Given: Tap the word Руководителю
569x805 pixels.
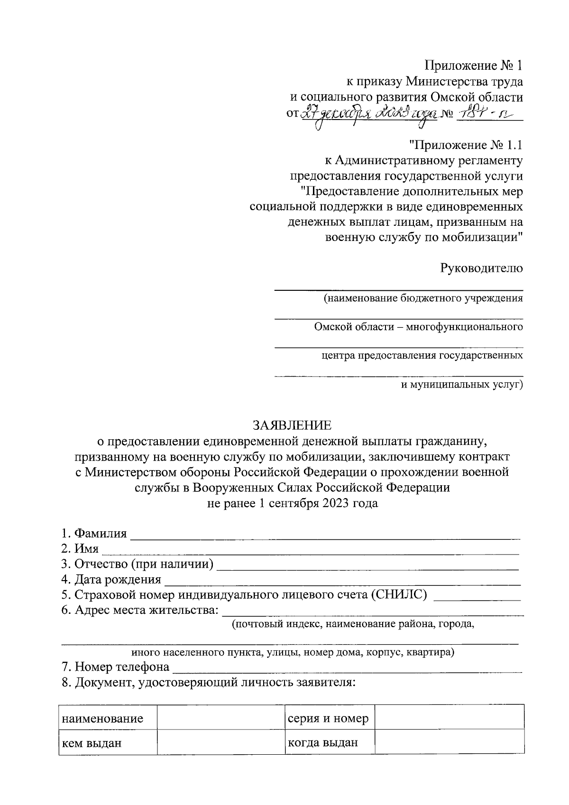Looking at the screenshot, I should tap(482, 268).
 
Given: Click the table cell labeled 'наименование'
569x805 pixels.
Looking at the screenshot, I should tap(102, 719).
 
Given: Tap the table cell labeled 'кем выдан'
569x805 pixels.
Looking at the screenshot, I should tap(92, 743).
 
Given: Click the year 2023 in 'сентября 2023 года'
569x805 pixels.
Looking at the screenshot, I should tap(337, 503).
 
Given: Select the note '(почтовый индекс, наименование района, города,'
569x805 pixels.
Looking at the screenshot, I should tap(353, 624).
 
